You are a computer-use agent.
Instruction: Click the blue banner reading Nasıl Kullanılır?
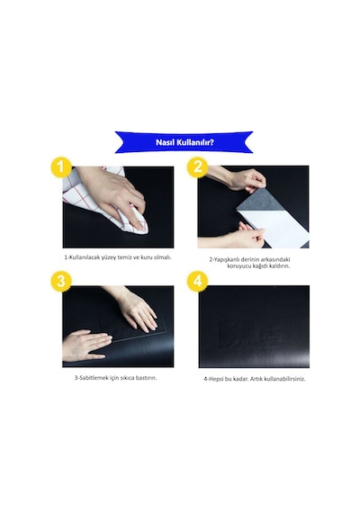(x=184, y=142)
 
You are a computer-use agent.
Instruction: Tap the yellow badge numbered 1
(x=61, y=167)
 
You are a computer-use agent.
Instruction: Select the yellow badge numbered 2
(x=197, y=167)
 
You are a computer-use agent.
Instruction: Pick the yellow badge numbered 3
(x=61, y=281)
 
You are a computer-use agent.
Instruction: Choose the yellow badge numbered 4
(x=197, y=281)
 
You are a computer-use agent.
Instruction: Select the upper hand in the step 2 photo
(x=242, y=178)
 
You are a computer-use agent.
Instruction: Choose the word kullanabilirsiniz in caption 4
(x=284, y=379)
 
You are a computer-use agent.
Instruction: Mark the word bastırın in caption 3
(x=146, y=378)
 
